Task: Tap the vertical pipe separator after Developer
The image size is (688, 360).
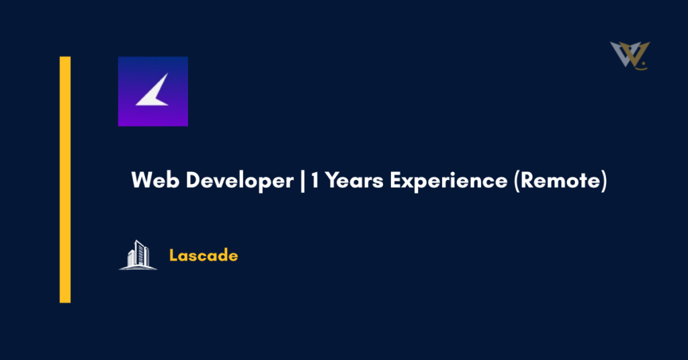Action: click(302, 181)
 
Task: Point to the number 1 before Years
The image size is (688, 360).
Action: click(314, 181)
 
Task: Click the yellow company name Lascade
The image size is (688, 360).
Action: click(204, 255)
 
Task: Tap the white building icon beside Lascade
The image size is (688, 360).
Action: click(138, 254)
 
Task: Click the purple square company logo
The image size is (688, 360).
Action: click(153, 91)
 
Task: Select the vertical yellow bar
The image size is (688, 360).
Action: click(65, 179)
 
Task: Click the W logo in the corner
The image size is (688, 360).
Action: click(630, 55)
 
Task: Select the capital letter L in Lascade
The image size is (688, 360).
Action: click(173, 255)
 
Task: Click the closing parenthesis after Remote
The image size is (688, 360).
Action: click(603, 181)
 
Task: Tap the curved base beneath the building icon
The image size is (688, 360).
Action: click(138, 267)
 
